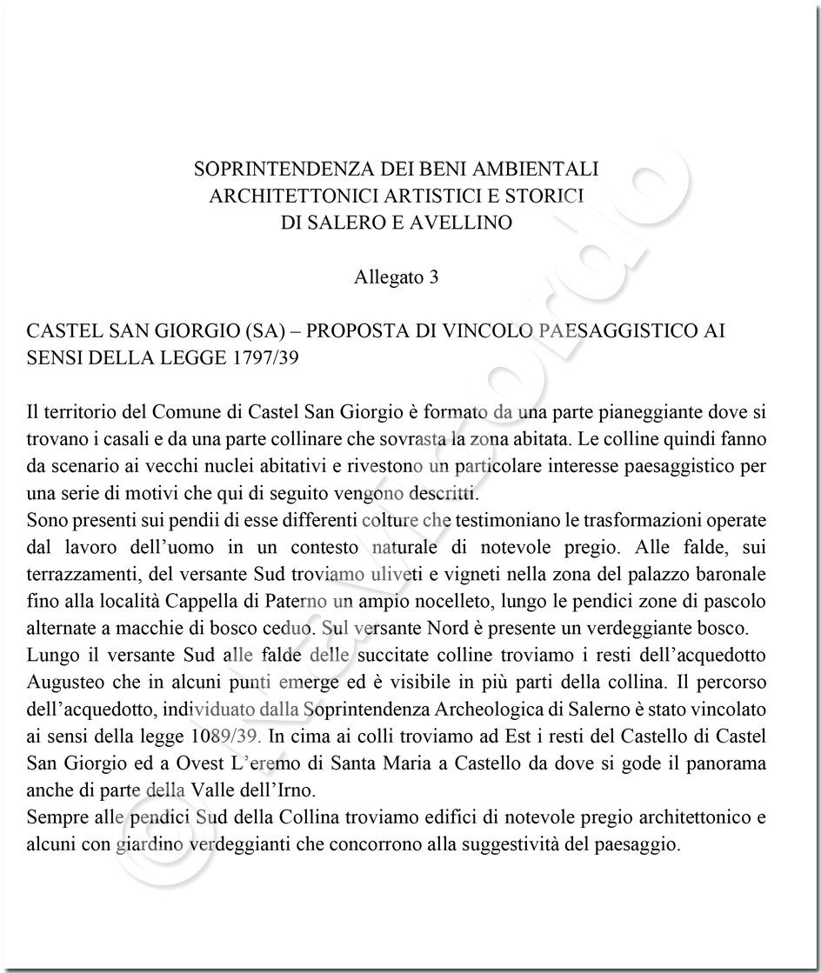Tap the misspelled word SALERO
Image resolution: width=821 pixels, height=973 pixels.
pyautogui.click(x=344, y=223)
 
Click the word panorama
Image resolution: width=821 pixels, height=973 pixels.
pyautogui.click(x=728, y=763)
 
